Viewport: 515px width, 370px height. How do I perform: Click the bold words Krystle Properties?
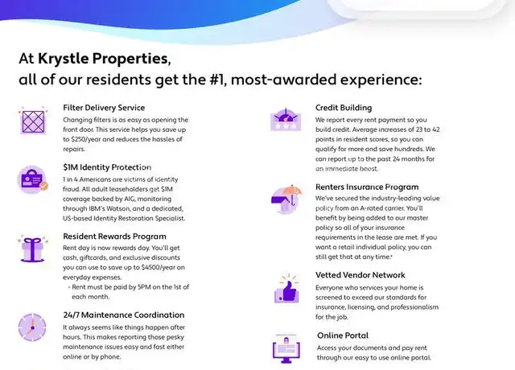(x=104, y=59)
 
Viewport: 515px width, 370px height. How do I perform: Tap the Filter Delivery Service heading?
(x=104, y=108)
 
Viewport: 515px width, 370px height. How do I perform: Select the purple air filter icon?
(x=33, y=121)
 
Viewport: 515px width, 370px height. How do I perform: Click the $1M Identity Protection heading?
(x=107, y=167)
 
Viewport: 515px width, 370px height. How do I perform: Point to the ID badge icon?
(x=32, y=179)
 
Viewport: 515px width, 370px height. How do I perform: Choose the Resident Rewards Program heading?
(x=114, y=236)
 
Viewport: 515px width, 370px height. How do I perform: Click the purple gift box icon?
(x=32, y=249)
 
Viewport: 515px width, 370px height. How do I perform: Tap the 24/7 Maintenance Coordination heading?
(x=124, y=314)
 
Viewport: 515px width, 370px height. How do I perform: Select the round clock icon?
(x=32, y=327)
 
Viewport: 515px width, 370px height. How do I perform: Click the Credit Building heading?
(x=344, y=108)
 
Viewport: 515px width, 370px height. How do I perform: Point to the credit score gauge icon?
(x=286, y=120)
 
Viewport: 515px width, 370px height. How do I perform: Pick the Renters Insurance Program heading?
(x=367, y=187)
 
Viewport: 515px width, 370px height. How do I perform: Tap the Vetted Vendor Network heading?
(x=360, y=275)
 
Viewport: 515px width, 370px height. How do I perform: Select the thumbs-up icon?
(x=286, y=290)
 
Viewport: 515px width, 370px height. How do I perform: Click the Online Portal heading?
(x=343, y=335)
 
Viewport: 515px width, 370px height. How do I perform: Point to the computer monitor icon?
(x=286, y=349)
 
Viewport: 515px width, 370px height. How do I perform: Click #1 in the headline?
(x=217, y=80)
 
